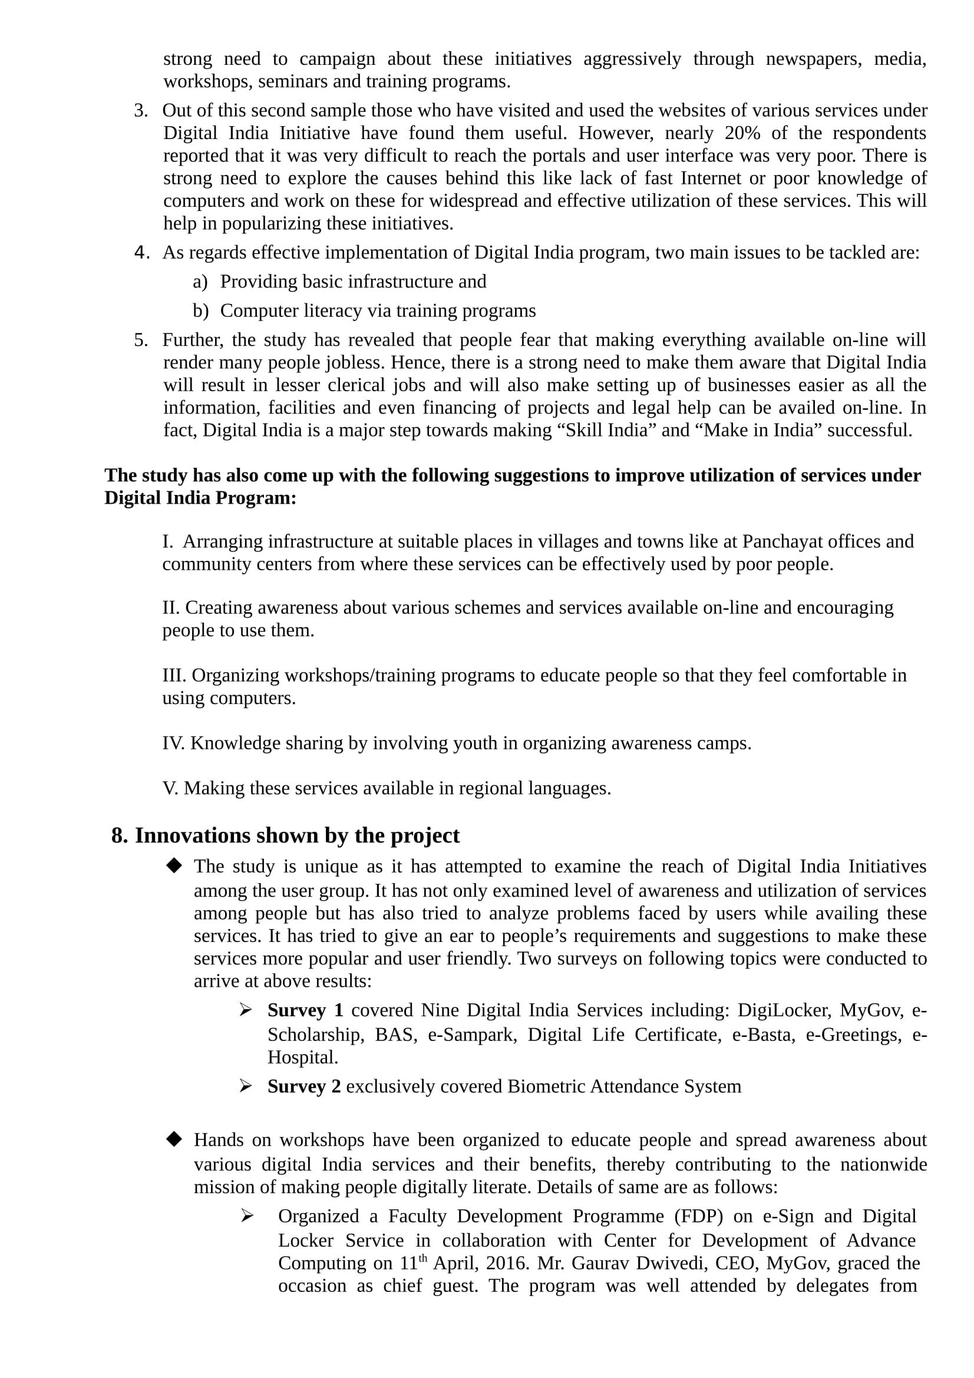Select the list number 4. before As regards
pyautogui.click(x=141, y=253)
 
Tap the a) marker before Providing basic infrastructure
pyautogui.click(x=200, y=282)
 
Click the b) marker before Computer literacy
pyautogui.click(x=200, y=311)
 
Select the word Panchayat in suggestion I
pyautogui.click(x=778, y=541)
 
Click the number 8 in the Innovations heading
pyautogui.click(x=119, y=835)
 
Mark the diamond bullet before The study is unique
pyautogui.click(x=174, y=865)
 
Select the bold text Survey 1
pyautogui.click(x=305, y=1010)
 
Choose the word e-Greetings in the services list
pyautogui.click(x=854, y=1035)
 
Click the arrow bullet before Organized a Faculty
pyautogui.click(x=247, y=1216)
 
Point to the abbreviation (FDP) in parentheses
pyautogui.click(x=699, y=1216)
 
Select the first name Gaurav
pyautogui.click(x=599, y=1263)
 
